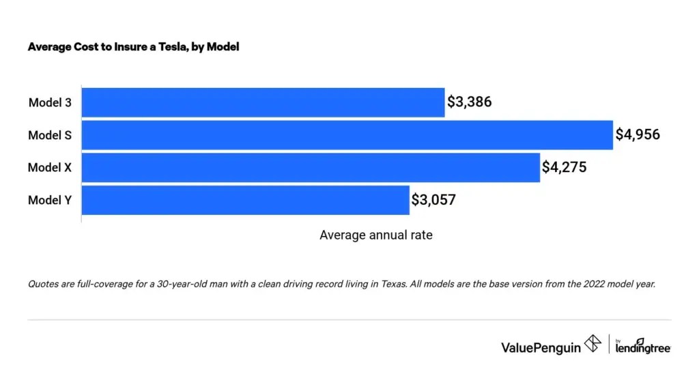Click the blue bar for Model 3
coord(263,102)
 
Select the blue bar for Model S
coord(347,135)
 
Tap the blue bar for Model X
coord(311,167)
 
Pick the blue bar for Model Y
coord(245,200)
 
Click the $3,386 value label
coord(470,102)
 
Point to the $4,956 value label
coord(638,135)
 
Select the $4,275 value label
coord(565,167)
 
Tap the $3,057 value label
coord(433,200)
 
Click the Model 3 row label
coord(50,103)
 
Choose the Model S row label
coord(50,135)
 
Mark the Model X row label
coord(50,168)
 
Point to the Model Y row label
coord(50,200)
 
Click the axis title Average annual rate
coord(375,235)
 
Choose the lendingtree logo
coord(643,347)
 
